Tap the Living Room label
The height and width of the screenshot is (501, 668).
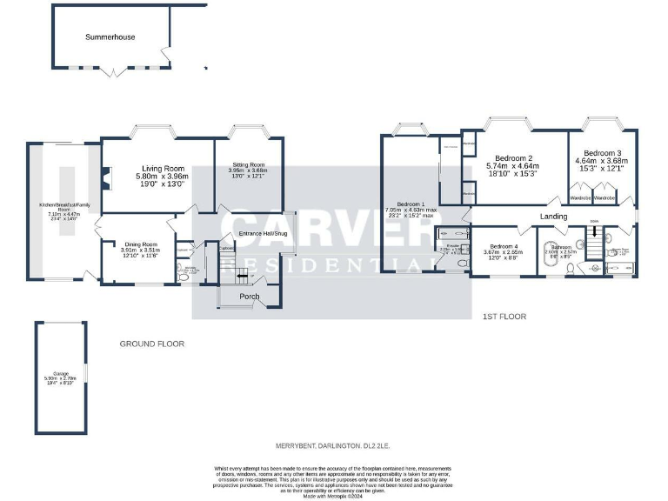(164, 169)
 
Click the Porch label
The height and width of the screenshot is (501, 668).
(250, 297)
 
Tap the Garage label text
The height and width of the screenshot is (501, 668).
(60, 375)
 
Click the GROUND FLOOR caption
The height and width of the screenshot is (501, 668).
(152, 344)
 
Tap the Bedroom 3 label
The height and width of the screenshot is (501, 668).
(602, 152)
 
